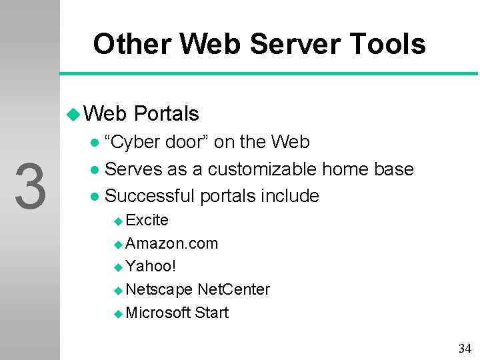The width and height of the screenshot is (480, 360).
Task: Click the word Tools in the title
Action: [x=385, y=45]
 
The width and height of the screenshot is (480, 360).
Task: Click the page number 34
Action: [x=465, y=348]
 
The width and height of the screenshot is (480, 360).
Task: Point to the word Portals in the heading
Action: [x=166, y=114]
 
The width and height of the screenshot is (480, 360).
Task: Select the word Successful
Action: [x=151, y=196]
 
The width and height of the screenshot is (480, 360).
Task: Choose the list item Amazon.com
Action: [x=171, y=243]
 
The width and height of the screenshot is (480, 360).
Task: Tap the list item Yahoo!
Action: [x=151, y=267]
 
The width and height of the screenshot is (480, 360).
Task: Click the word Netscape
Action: [x=159, y=289]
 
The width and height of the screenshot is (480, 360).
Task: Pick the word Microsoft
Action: [x=158, y=313]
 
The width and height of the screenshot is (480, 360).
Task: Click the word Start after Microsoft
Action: [x=211, y=313]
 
